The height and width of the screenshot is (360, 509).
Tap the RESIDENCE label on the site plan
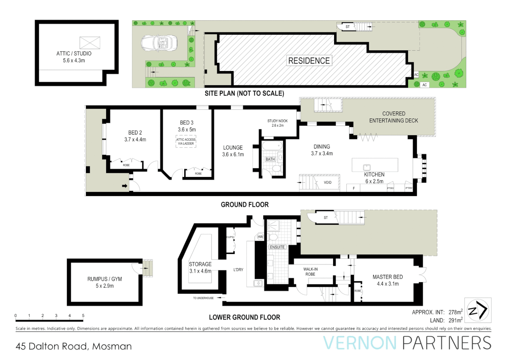309,61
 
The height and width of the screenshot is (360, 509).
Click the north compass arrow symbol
478,310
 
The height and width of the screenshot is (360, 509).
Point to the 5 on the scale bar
83,315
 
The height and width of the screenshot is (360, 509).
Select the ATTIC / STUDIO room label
74,53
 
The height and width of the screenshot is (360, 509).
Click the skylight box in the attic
90,43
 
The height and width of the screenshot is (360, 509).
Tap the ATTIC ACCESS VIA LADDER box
186,141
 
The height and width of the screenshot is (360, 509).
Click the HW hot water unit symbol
260,237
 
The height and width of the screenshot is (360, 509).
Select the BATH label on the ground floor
270,159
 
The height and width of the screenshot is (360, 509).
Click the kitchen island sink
367,168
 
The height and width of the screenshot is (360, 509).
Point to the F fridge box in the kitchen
353,188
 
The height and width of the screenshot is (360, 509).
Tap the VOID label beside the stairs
327,182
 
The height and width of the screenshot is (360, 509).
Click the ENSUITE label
277,247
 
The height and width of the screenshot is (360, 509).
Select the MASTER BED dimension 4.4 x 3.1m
388,284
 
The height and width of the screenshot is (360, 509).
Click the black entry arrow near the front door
125,186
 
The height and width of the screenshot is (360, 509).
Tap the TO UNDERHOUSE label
203,298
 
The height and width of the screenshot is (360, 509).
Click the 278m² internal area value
455,312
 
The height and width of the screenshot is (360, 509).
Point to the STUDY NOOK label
277,121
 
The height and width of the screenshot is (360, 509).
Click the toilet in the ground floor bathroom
276,169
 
